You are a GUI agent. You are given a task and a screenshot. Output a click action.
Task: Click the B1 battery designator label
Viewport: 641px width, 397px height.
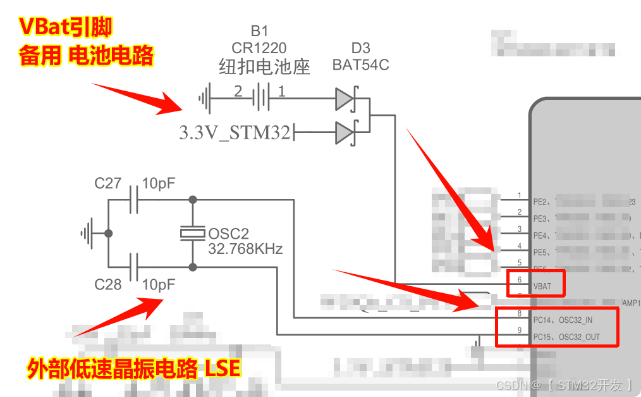pyautogui.click(x=259, y=31)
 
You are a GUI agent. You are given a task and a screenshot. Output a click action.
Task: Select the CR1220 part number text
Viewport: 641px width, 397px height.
pyautogui.click(x=259, y=48)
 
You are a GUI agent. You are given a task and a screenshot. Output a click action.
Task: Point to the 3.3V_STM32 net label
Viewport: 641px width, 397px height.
pyautogui.click(x=235, y=133)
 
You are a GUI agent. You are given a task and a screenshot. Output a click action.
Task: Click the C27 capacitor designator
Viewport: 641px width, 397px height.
pyautogui.click(x=108, y=184)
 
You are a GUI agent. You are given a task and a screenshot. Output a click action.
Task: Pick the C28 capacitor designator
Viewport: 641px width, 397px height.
pyautogui.click(x=108, y=285)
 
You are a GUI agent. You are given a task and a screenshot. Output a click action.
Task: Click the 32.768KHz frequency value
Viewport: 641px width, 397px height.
pyautogui.click(x=245, y=249)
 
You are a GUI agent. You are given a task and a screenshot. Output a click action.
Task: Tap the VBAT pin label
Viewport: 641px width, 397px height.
pyautogui.click(x=542, y=286)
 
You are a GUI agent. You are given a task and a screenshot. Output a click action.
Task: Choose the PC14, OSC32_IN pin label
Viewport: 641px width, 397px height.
pyautogui.click(x=563, y=320)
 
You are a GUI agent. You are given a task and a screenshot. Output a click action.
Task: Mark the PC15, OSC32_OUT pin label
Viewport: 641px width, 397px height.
pyautogui.click(x=566, y=337)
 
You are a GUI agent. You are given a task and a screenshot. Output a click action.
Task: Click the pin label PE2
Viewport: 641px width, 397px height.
pyautogui.click(x=540, y=202)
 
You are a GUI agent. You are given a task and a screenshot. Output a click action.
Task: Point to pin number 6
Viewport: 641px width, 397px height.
pyautogui.click(x=520, y=279)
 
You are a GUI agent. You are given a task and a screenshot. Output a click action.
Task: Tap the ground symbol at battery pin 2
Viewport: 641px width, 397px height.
pyautogui.click(x=204, y=98)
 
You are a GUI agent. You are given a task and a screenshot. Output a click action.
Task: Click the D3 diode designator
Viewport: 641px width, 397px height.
pyautogui.click(x=360, y=48)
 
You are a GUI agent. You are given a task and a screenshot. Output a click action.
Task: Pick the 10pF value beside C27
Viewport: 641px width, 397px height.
pyautogui.click(x=159, y=184)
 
